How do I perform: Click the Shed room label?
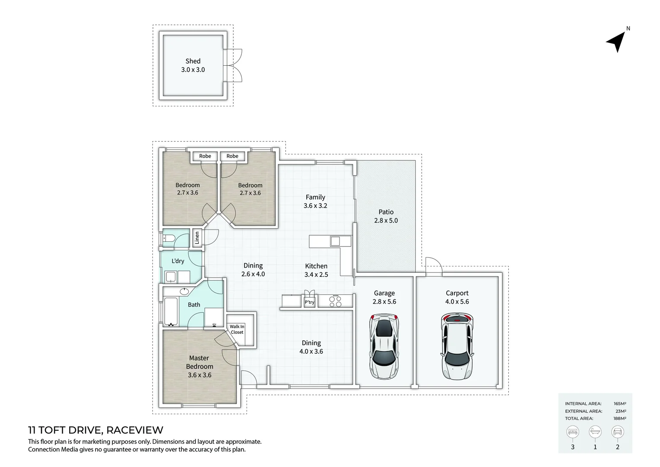tap(193, 61)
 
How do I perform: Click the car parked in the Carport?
tap(457, 346)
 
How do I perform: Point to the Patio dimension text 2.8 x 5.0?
tap(386, 221)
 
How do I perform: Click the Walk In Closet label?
tap(237, 329)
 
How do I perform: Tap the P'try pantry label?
tap(309, 302)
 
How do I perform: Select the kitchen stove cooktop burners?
tap(335, 301)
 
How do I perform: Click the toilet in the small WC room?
tap(169, 238)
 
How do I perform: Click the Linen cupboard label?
tap(197, 238)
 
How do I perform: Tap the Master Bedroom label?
tap(199, 362)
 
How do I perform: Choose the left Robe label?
tap(205, 156)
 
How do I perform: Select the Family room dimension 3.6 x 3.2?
tap(315, 206)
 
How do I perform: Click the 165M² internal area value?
tap(619, 403)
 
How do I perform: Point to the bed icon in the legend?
tap(573, 432)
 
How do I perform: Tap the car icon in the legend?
tap(617, 432)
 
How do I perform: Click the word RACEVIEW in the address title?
tap(135, 430)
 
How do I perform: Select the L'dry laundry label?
tap(178, 261)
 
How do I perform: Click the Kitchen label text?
tap(316, 266)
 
